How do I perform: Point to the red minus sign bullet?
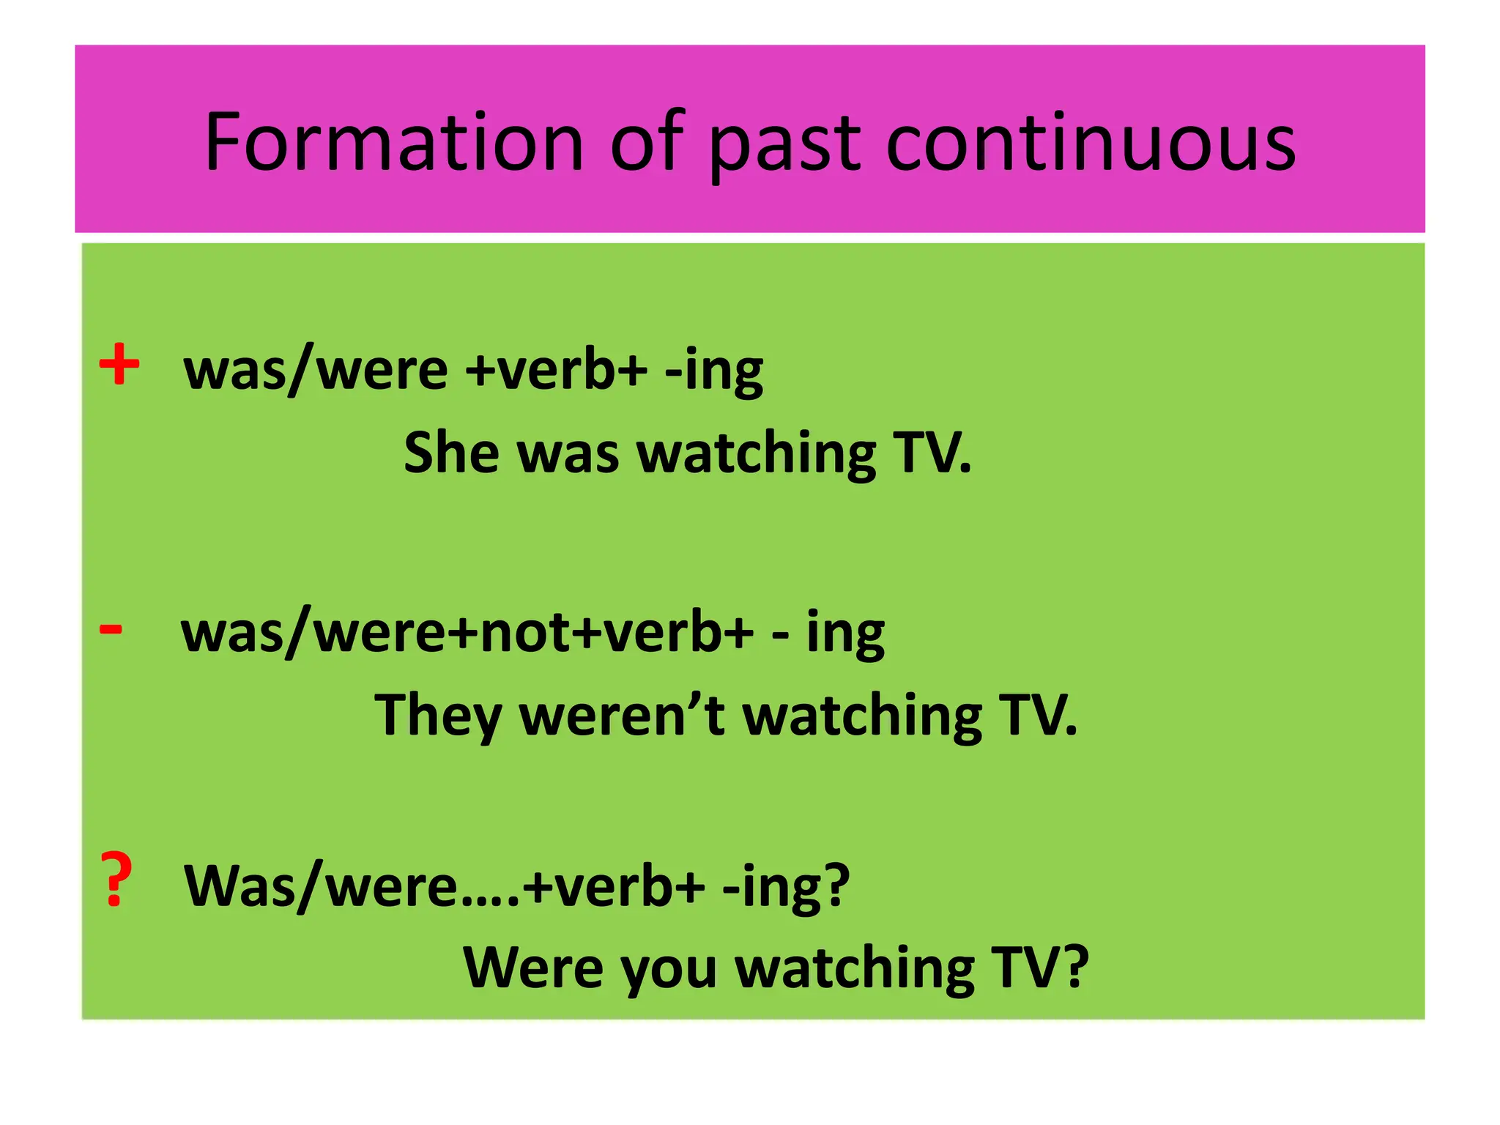click(x=111, y=628)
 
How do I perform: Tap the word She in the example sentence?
click(x=450, y=452)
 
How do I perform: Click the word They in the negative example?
click(x=437, y=716)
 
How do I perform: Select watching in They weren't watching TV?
click(x=862, y=716)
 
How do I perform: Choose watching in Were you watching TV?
click(x=855, y=969)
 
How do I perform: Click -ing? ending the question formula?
click(x=785, y=886)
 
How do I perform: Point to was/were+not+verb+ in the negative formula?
click(x=467, y=631)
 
